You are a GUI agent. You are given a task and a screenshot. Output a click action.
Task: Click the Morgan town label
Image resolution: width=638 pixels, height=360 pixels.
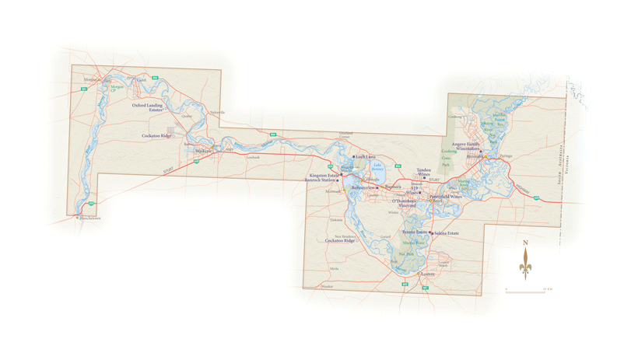click(x=90, y=79)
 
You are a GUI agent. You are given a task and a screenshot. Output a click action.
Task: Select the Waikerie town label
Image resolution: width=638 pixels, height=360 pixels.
click(x=203, y=151)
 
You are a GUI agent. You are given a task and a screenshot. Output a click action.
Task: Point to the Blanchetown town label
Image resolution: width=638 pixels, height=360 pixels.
click(x=90, y=218)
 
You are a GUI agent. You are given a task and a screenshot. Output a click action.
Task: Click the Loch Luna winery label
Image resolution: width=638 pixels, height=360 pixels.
click(x=365, y=157)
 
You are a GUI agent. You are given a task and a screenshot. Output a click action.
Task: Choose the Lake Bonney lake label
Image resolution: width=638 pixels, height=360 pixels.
click(x=377, y=166)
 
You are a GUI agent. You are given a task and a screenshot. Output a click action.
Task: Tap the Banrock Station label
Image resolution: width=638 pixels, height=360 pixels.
click(x=322, y=180)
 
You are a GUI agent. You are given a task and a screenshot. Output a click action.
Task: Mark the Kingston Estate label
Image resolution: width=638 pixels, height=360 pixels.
click(x=324, y=176)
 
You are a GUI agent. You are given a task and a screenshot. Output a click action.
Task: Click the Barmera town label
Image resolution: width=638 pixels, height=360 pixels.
click(x=393, y=187)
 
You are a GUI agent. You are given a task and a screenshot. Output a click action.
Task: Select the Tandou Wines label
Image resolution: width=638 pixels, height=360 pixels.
click(x=423, y=172)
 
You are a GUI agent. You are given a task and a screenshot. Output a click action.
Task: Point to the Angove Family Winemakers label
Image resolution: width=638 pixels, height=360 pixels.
click(x=462, y=145)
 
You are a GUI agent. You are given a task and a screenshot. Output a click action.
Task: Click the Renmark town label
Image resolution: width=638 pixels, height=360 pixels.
click(x=475, y=156)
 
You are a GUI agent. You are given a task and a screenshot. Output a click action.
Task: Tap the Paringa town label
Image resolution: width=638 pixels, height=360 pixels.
click(x=506, y=156)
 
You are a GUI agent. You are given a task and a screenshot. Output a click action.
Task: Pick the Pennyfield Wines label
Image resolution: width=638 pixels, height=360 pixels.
click(x=447, y=197)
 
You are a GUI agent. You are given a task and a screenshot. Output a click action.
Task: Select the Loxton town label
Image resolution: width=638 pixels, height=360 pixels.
click(x=427, y=274)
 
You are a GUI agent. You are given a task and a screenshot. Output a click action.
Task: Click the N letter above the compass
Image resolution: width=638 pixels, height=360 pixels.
click(x=526, y=243)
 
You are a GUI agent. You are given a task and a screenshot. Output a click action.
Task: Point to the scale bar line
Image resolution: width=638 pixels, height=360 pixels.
click(x=525, y=292)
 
